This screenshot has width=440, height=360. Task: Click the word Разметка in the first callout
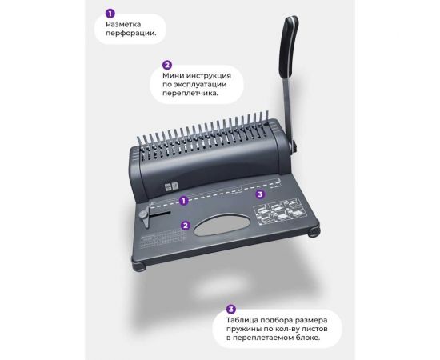(123, 24)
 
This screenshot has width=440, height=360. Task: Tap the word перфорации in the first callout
(130, 33)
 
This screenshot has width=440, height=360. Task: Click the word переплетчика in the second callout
(190, 93)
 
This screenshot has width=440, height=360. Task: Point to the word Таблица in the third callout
(242, 320)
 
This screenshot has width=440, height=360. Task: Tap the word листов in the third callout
(314, 329)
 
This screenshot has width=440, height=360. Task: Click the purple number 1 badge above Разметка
(110, 14)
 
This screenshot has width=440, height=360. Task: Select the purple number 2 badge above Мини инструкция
(167, 65)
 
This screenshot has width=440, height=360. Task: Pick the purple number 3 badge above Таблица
(231, 310)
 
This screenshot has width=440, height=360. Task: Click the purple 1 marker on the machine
(183, 201)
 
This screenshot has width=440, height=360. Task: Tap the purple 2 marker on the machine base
(186, 226)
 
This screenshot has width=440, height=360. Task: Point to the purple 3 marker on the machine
(260, 194)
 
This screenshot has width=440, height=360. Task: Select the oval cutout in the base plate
(222, 225)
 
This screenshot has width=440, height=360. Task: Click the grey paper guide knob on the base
(144, 215)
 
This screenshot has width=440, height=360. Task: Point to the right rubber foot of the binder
(314, 232)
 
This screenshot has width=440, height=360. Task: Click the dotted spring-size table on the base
(162, 238)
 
